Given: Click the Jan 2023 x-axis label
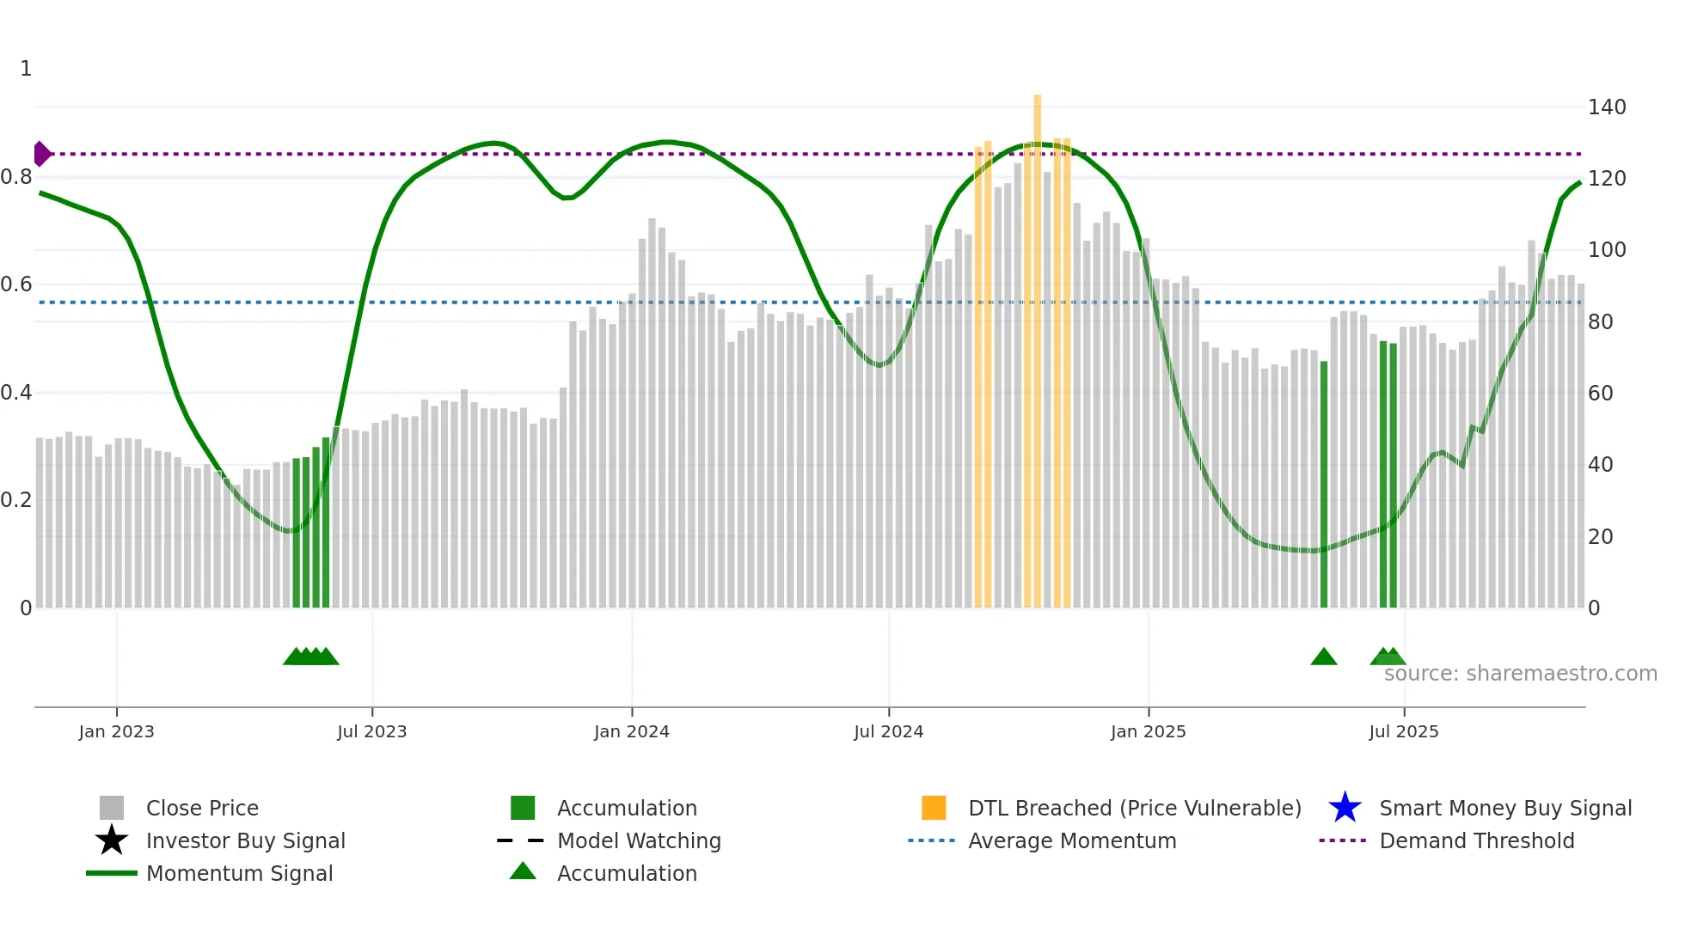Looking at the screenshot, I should [x=116, y=732].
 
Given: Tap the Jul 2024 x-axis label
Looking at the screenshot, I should [x=888, y=732].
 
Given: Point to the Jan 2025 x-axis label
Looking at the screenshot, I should [x=1148, y=732].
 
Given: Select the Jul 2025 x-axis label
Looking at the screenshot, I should [x=1403, y=732].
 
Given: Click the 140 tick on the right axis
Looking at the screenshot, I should [x=1607, y=107].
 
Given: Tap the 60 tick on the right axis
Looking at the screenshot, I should [x=1600, y=394].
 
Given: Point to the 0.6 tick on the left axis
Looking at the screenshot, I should [x=16, y=284].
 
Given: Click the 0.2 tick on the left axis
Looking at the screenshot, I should [x=16, y=500].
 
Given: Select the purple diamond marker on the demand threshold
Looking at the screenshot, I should [x=41, y=154].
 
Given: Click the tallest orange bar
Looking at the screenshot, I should [x=1038, y=344].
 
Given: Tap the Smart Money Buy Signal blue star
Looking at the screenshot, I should [x=1345, y=808].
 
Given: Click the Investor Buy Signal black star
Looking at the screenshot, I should [x=112, y=840].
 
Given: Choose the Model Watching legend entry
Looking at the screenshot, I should [x=639, y=840].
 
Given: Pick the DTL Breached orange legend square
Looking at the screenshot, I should [x=934, y=808].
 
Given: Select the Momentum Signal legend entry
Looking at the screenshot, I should [x=239, y=873].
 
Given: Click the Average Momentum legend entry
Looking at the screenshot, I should [x=1072, y=840].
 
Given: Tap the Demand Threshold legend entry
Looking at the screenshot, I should [x=1476, y=840].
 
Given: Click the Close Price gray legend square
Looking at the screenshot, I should [x=112, y=808].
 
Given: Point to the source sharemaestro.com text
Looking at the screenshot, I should [x=1520, y=674].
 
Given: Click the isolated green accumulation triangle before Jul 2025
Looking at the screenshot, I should [x=1324, y=657].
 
